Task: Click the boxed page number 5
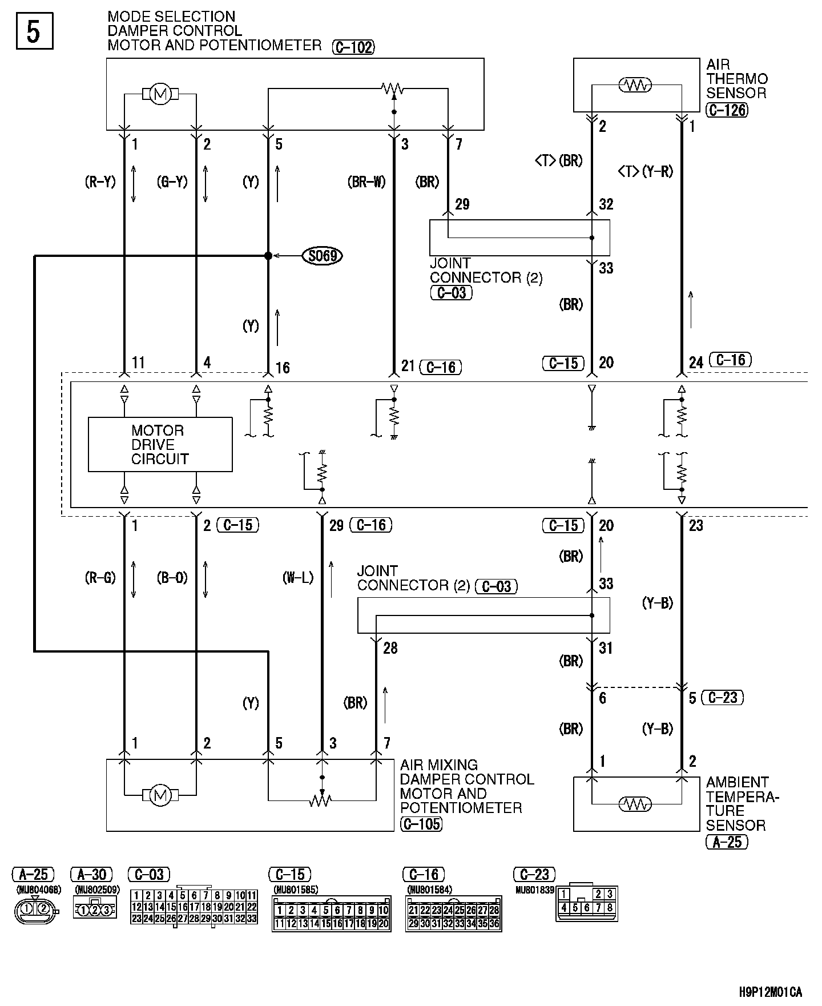34,32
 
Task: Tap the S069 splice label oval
323,256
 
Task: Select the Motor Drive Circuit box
160,445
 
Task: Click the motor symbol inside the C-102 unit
160,94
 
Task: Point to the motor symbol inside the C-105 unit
160,795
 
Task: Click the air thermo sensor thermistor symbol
635,85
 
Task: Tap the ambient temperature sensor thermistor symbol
635,804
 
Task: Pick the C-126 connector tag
727,110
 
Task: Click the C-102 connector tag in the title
353,47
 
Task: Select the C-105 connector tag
421,824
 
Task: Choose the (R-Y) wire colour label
100,182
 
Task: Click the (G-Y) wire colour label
172,182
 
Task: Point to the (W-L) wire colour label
298,578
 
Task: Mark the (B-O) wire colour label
172,578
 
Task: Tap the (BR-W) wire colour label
366,182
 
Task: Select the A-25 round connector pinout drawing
35,910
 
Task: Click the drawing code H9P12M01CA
770,992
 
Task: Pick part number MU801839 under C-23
534,890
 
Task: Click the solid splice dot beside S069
268,256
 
